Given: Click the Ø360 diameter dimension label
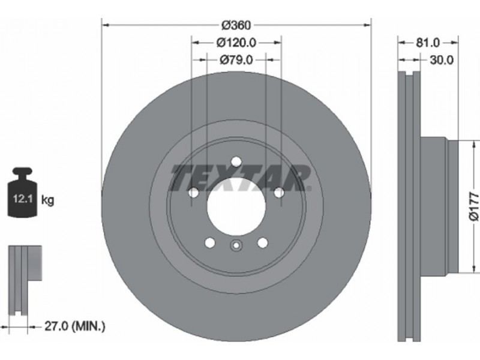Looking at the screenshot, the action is click(x=236, y=25).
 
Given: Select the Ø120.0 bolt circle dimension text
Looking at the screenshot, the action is click(x=236, y=43).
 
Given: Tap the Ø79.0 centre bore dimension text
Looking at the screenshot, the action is click(x=236, y=60).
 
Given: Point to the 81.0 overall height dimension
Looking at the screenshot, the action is click(x=428, y=43).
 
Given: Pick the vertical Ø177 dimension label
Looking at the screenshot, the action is click(x=473, y=206).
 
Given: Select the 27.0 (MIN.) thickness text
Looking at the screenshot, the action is click(x=75, y=326).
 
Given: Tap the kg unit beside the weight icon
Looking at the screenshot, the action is click(x=47, y=200).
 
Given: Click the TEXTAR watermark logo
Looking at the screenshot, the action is click(x=241, y=178).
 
